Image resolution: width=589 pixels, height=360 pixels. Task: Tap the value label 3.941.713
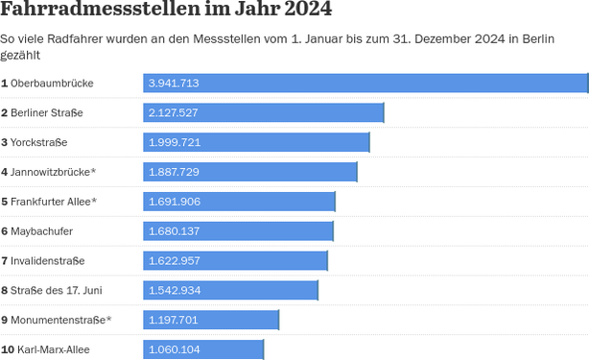[174, 84]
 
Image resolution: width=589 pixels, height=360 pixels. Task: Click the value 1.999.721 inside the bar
[174, 143]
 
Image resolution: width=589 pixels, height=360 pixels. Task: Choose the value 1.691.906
[174, 202]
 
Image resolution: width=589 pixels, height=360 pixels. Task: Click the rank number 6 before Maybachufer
[5, 231]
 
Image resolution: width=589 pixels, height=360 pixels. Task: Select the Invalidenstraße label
[47, 261]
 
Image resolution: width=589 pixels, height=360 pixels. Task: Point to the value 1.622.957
[174, 261]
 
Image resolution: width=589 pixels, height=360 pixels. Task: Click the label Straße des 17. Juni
[56, 290]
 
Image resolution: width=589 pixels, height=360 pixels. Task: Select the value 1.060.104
[174, 349]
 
